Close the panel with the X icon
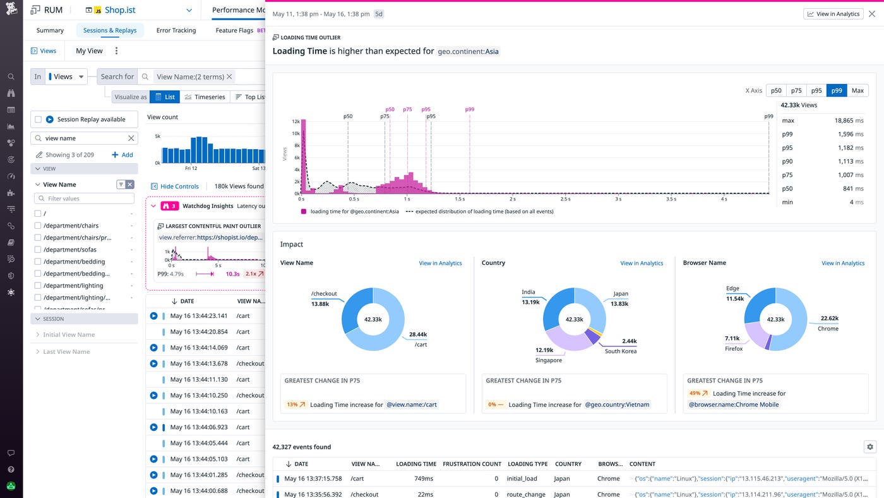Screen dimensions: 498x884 point(872,14)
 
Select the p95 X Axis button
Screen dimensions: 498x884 point(816,90)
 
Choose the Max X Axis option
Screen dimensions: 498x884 point(857,90)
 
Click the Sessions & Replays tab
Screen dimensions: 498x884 point(110,30)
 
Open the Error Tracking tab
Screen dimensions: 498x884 point(176,30)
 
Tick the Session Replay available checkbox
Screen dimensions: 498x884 point(39,119)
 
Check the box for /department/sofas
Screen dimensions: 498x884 point(39,250)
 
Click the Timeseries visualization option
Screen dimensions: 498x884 point(205,97)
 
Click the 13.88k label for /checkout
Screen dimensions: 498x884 point(320,304)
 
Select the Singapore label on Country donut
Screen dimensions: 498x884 point(548,360)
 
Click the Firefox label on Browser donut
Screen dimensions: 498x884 point(733,348)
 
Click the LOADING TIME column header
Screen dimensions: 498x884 point(415,464)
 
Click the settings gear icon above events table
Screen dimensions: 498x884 point(869,447)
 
